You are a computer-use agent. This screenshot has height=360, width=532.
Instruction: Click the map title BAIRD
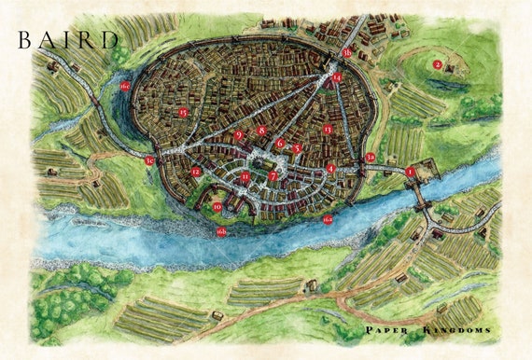click(67, 39)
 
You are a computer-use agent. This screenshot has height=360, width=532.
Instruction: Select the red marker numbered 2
click(437, 64)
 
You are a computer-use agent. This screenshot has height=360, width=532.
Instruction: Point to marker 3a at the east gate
click(371, 158)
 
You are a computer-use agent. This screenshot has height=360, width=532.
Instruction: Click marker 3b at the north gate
click(347, 53)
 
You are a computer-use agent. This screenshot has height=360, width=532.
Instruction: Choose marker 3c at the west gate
click(149, 161)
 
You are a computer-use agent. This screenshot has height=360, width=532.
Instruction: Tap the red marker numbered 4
click(331, 169)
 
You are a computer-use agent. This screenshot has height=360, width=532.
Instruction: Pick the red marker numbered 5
click(297, 148)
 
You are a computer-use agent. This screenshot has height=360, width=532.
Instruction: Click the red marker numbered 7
click(273, 175)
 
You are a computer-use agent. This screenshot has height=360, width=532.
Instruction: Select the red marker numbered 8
click(262, 132)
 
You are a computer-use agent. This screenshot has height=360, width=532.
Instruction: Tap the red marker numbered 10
click(217, 207)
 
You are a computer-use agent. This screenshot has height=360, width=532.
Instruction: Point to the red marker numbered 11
click(245, 176)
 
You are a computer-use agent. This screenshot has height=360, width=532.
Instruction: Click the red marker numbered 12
click(197, 172)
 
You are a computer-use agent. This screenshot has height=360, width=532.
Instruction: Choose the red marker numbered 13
click(327, 130)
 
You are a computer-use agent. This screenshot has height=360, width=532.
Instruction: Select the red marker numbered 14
click(337, 78)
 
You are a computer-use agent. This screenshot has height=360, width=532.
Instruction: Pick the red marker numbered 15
click(183, 113)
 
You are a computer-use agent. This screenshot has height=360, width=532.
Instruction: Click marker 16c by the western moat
click(125, 86)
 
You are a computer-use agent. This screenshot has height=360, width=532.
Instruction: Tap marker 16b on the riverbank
click(221, 231)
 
